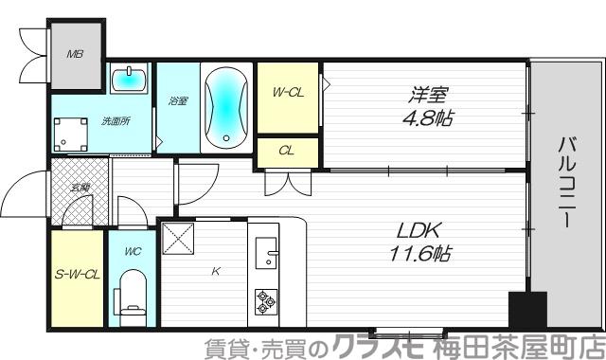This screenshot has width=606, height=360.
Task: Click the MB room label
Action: coord(75,54)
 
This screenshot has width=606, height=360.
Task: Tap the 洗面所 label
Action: coord(116,121)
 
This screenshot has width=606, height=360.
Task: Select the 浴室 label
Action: coord(177,101)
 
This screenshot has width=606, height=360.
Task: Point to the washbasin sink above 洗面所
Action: coord(127,80)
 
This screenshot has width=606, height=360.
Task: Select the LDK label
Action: coord(417,230)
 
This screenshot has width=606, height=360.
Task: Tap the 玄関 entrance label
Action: coord(80,188)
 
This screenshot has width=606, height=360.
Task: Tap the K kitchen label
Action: coord(216,272)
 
